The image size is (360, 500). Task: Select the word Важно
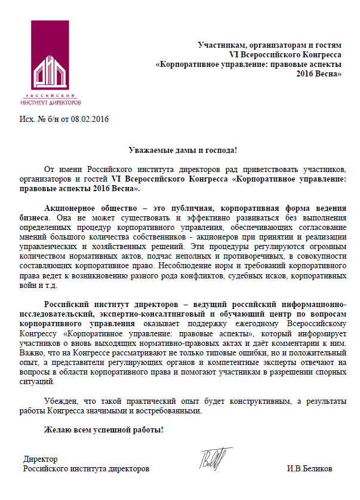pyautogui.click(x=57, y=353)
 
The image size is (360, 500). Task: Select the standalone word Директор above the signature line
pyautogui.click(x=40, y=459)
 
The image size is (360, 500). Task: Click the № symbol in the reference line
pyautogui.click(x=41, y=118)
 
